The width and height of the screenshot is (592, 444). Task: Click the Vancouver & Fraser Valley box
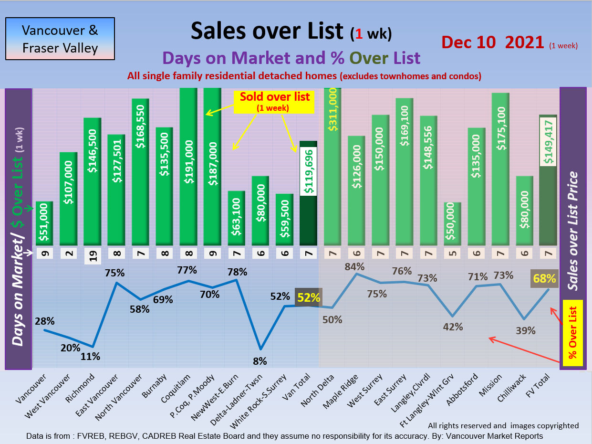point(60,39)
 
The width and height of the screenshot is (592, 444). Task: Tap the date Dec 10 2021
point(493,42)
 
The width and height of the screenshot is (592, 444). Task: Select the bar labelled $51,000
point(44,223)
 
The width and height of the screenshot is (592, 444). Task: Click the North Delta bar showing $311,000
point(333,167)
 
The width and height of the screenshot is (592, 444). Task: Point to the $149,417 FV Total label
point(548,142)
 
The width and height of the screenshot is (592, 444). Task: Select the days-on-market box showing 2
point(69,253)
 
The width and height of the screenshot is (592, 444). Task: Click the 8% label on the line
point(260,361)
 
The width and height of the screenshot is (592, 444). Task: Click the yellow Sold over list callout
point(274,101)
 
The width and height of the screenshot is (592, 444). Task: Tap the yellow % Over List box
point(573,333)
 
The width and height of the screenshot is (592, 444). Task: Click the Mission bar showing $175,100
point(500,169)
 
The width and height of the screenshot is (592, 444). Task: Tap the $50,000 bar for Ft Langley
point(452,223)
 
